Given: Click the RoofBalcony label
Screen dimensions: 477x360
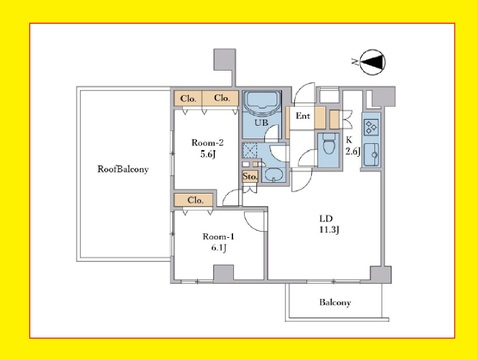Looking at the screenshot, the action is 123,169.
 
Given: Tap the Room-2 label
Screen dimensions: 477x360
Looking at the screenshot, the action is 207,143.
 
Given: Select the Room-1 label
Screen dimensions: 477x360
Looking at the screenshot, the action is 218,236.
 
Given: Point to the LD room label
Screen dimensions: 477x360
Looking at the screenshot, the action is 326,219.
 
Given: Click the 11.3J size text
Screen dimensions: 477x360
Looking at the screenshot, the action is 329,230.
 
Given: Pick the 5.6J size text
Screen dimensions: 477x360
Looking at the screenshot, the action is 208,154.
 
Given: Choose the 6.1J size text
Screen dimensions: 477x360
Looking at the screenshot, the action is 219,248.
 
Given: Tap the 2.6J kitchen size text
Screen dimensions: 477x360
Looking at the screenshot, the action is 353,152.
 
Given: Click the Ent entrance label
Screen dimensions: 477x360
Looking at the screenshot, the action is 303,116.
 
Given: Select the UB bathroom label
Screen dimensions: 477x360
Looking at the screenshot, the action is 261,123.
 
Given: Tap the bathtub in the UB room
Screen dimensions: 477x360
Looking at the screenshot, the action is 263,102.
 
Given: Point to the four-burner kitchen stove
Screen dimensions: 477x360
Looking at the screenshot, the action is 371,127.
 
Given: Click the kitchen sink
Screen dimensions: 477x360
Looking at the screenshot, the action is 371,154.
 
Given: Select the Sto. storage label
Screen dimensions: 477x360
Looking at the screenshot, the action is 250,177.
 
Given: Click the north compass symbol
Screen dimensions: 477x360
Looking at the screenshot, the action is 372,62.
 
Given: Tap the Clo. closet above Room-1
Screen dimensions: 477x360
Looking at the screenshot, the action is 195,200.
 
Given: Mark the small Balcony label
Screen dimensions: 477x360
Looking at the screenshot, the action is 335,302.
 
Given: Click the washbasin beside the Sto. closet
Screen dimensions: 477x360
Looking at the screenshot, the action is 273,175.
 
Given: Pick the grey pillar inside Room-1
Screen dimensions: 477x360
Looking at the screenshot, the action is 223,272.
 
